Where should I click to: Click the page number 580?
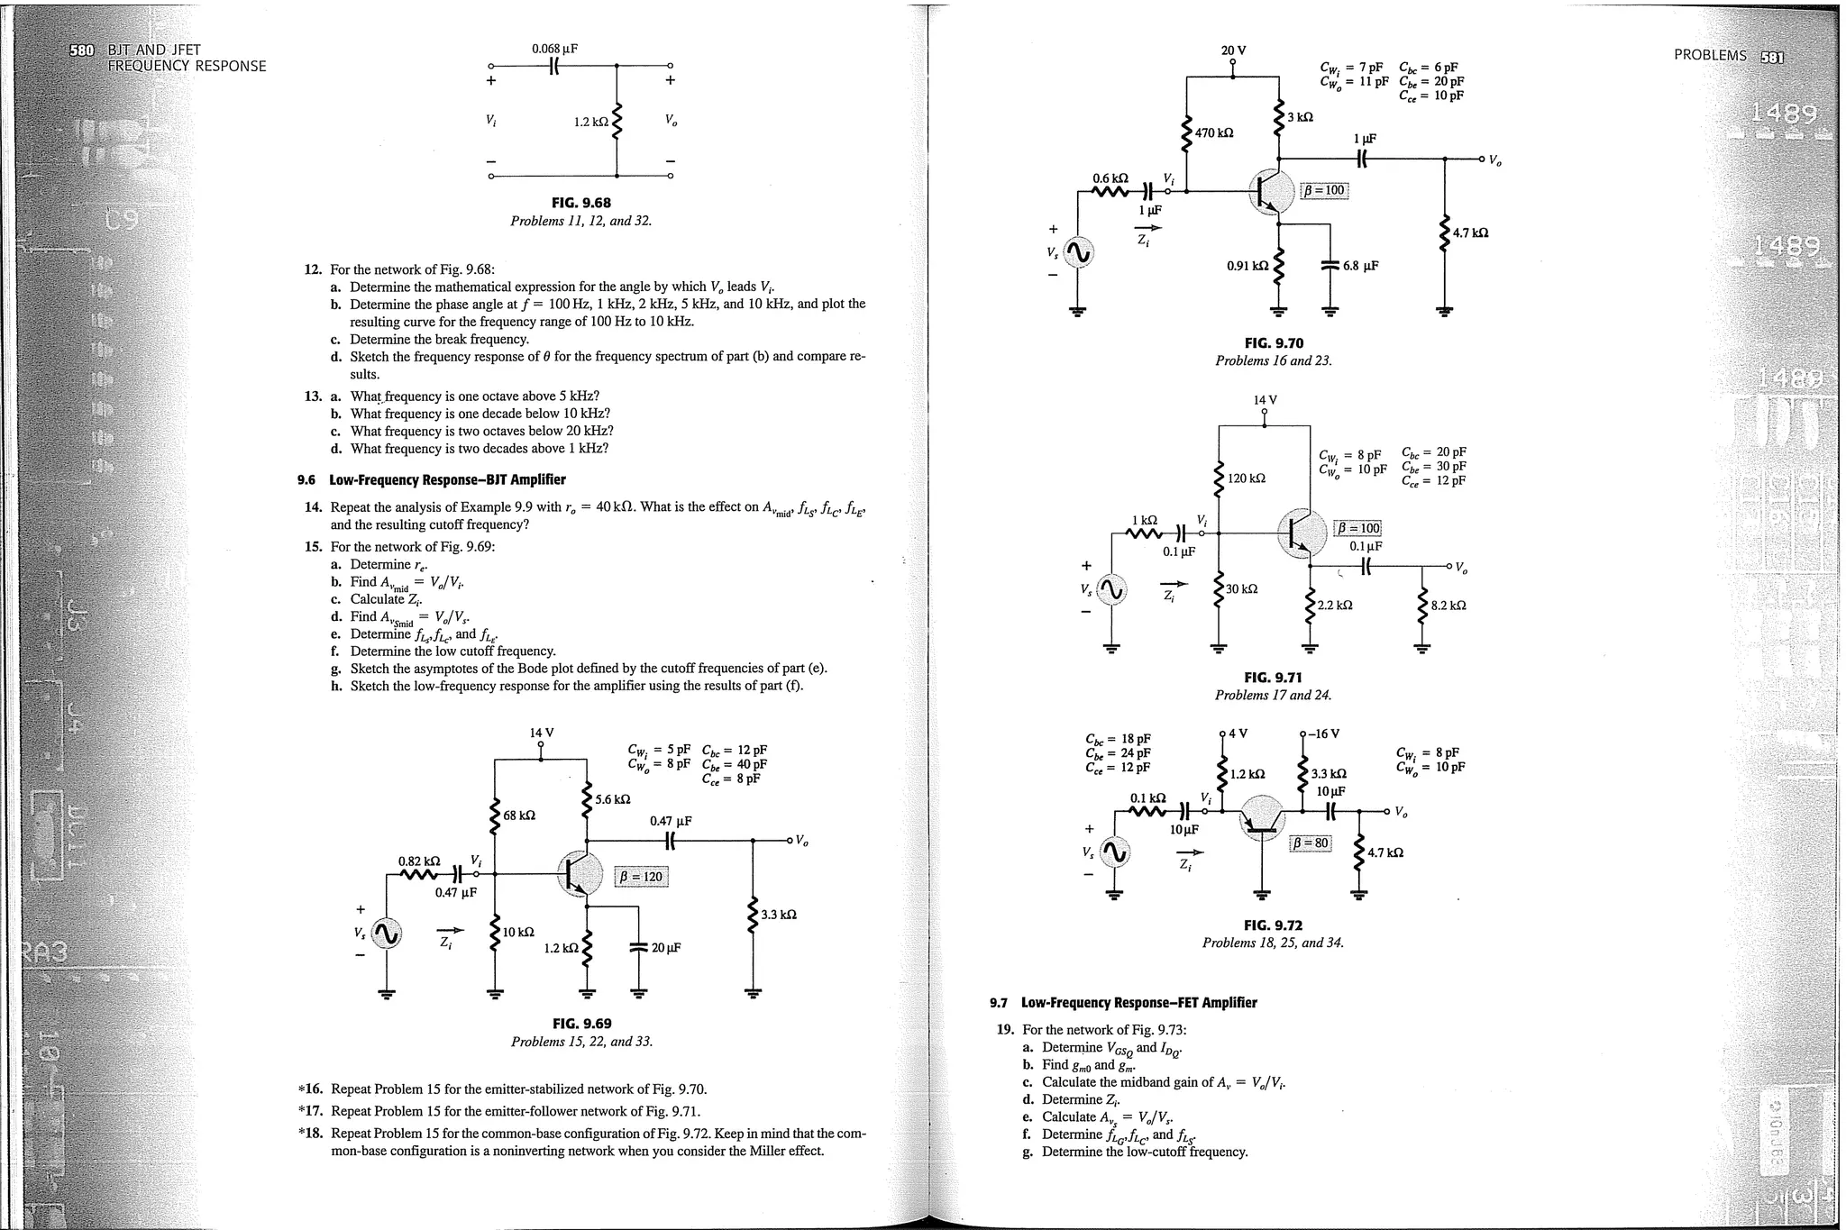coord(81,50)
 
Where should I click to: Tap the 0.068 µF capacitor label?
coord(554,49)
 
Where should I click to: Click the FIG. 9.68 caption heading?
coord(580,203)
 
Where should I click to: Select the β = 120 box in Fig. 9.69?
coord(641,877)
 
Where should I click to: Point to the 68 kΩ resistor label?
coord(519,815)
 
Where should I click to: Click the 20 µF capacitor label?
coord(666,948)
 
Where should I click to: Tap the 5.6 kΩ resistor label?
coord(613,799)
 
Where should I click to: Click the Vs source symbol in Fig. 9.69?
coord(387,935)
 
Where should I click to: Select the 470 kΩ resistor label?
coord(1214,133)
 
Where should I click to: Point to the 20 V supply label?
coord(1233,50)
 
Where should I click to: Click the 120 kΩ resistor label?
coord(1247,478)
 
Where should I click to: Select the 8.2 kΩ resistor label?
coord(1448,606)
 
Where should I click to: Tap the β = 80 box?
coord(1310,843)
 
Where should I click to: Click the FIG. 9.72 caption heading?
coord(1273,925)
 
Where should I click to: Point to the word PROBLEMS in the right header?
coord(1710,55)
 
